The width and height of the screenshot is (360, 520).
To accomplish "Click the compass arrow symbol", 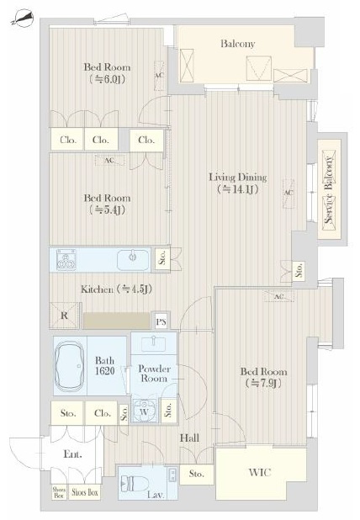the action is [22, 19].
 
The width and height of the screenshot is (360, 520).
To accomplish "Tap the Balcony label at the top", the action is [238, 44].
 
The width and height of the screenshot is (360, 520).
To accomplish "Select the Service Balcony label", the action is [329, 189].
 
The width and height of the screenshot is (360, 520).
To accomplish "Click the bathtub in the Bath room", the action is [70, 366].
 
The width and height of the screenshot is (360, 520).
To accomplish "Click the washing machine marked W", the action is [144, 411].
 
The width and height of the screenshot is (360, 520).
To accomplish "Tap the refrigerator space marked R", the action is [64, 316].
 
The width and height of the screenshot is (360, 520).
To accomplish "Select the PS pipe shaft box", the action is [161, 321].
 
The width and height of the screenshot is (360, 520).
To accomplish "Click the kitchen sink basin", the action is [133, 259].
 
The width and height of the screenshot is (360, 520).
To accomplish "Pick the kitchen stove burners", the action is [66, 259].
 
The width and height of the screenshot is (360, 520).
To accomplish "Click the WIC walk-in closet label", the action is [260, 472].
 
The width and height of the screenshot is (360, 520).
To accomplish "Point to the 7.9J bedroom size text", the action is [263, 384].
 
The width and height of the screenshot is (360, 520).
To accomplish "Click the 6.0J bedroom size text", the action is [107, 79].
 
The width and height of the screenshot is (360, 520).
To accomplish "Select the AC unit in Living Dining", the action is [289, 194].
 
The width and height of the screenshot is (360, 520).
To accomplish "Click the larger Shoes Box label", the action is [85, 492].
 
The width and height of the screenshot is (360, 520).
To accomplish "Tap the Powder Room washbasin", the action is [154, 343].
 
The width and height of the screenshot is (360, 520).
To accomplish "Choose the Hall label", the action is [189, 438].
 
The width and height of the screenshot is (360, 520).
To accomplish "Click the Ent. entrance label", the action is [72, 454].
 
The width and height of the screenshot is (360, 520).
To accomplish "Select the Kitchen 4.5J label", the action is [116, 289].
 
